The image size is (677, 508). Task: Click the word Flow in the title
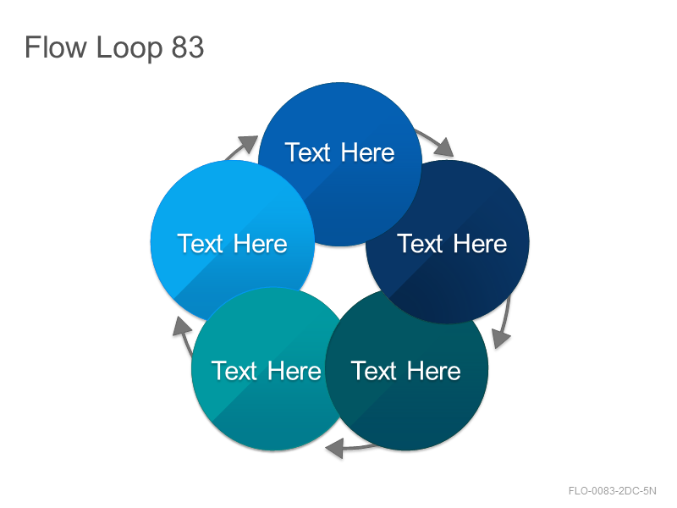click(56, 47)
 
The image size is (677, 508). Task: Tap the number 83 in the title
click(187, 47)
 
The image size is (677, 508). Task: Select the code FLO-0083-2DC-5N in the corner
click(612, 491)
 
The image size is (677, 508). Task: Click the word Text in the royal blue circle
click(307, 152)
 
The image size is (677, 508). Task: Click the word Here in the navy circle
click(480, 244)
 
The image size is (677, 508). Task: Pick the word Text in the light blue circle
click(200, 244)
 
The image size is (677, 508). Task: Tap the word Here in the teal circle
click(294, 371)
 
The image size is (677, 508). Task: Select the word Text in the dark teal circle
click(374, 371)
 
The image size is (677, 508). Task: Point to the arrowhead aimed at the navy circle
click(445, 147)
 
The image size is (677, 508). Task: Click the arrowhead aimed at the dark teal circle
click(501, 338)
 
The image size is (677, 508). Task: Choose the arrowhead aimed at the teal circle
click(335, 448)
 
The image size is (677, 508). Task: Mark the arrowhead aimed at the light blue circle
click(182, 326)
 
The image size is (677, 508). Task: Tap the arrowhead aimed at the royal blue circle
click(248, 144)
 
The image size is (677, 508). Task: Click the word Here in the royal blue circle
click(367, 152)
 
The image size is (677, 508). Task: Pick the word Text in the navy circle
click(420, 244)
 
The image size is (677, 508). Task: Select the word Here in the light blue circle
click(261, 244)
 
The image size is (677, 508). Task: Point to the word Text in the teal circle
click(234, 371)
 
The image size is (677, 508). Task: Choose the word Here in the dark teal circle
click(434, 371)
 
